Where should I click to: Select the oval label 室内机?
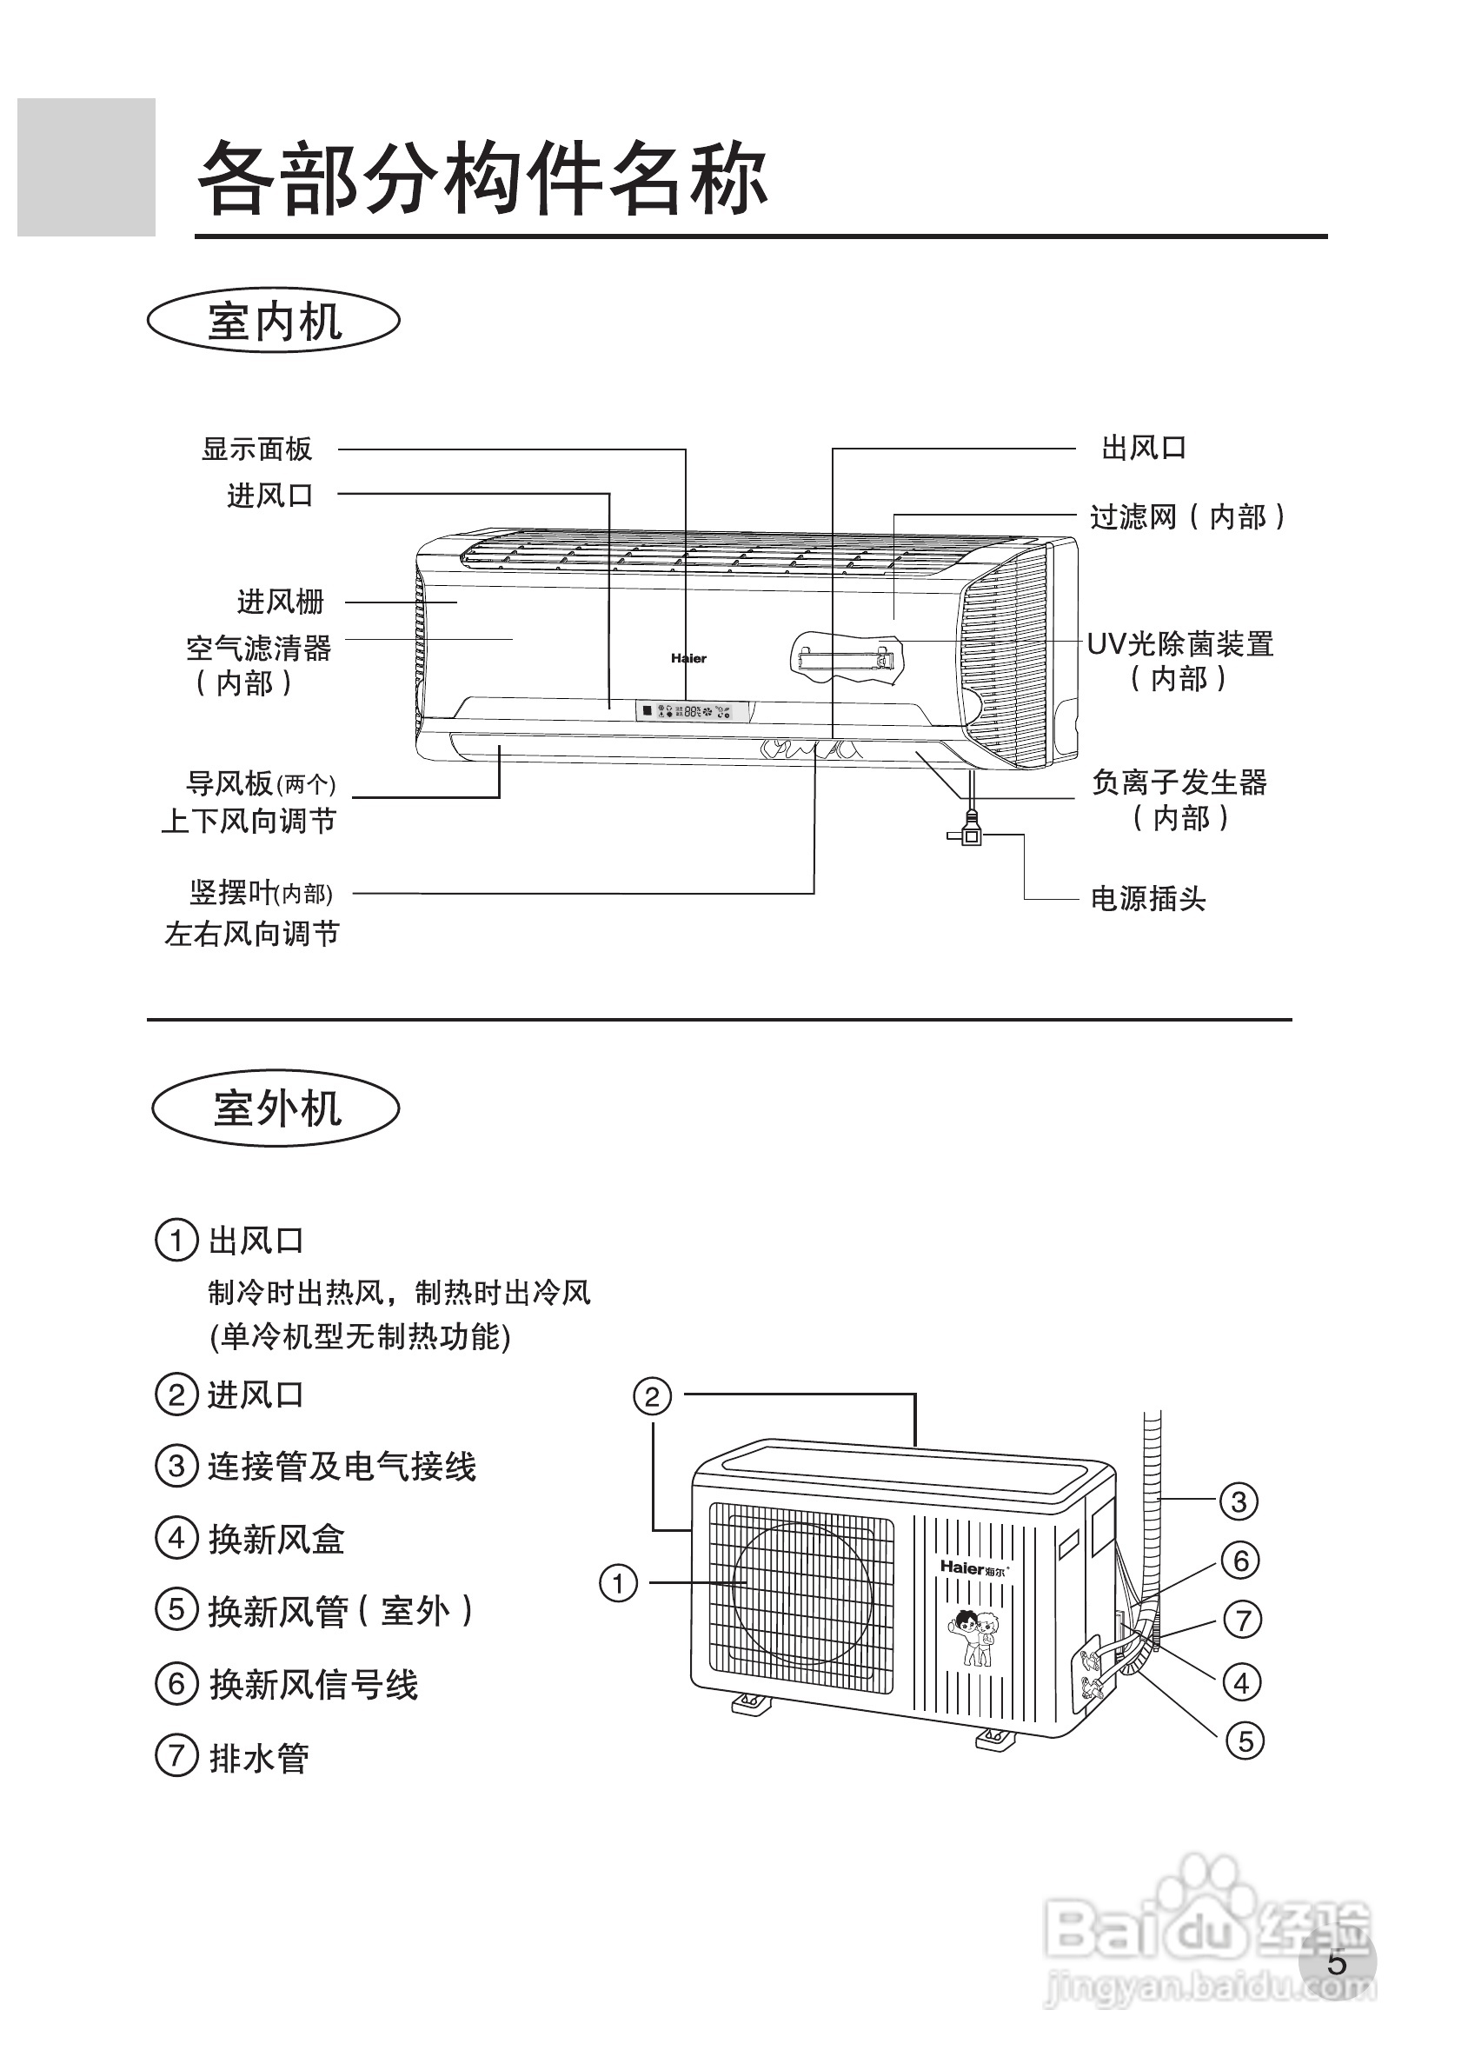point(274,321)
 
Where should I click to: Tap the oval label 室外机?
point(276,1108)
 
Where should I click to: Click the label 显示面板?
point(256,449)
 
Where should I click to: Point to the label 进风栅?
point(280,601)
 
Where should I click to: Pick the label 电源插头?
point(1148,898)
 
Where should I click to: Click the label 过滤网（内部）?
point(1187,517)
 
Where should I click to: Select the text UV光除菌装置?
point(1179,644)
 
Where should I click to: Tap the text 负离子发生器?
point(1179,782)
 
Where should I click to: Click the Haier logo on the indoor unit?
point(688,658)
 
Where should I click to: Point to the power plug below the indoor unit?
point(970,831)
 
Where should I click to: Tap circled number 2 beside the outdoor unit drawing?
point(652,1396)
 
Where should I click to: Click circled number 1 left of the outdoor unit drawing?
point(619,1583)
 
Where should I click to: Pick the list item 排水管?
point(259,1758)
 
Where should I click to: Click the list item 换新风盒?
point(276,1539)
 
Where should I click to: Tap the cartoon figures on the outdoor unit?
point(974,1637)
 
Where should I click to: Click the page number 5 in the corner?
point(1337,1963)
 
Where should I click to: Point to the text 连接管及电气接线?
point(342,1466)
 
